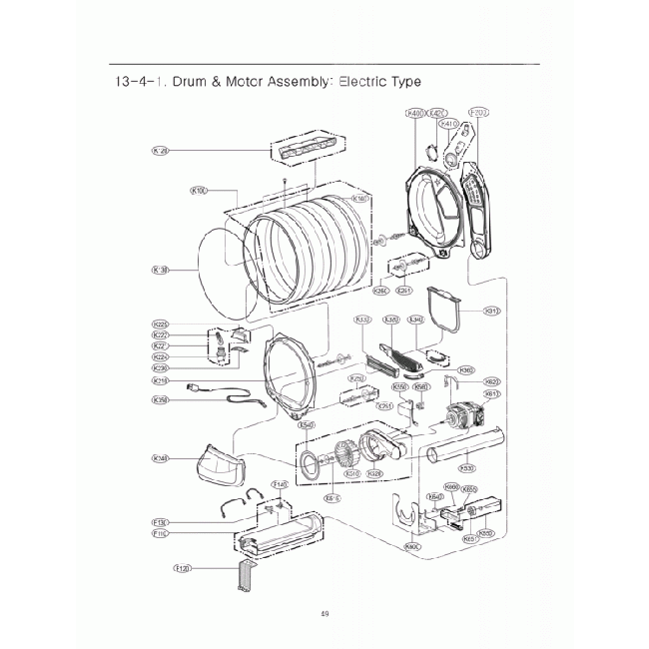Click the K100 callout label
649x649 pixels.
tap(198, 190)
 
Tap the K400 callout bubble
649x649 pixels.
tap(416, 114)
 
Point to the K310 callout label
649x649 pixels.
tap(491, 312)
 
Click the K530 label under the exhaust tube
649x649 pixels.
tap(465, 466)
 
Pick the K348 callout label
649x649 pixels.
tap(160, 458)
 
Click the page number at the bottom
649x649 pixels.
tap(324, 613)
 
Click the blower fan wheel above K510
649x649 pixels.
tap(344, 455)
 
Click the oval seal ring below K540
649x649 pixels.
tap(312, 461)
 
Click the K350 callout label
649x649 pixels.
tap(160, 400)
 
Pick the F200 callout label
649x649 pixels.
tap(478, 114)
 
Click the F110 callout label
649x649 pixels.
tap(159, 534)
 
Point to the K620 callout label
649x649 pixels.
tap(491, 380)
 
